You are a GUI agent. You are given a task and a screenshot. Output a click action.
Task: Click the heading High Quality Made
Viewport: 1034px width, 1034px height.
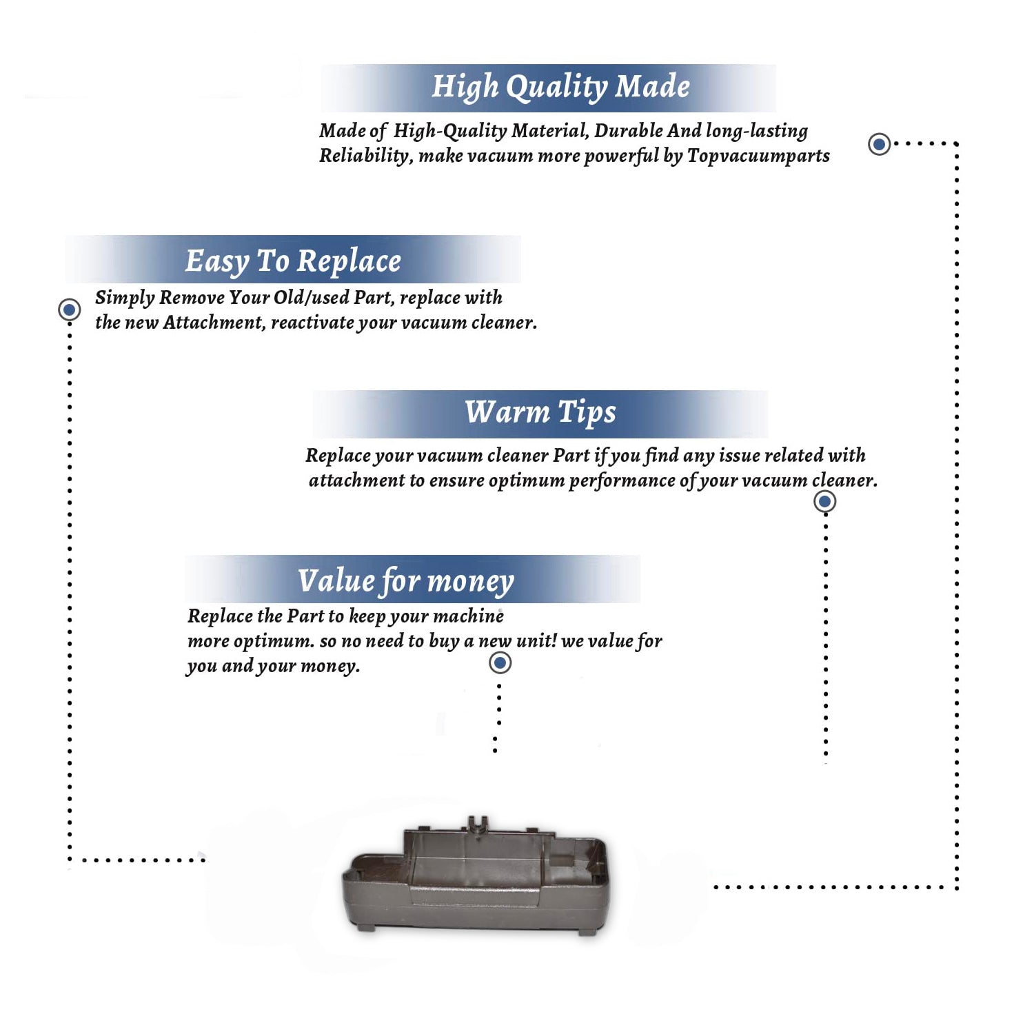560,88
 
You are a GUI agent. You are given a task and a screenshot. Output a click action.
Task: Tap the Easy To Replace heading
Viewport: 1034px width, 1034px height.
293,262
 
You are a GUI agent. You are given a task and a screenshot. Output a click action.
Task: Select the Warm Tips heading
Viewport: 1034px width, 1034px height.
540,413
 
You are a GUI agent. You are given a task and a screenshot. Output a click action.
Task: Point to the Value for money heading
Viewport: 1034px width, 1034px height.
406,581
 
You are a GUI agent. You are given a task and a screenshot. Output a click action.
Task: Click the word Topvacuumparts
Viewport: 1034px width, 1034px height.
758,156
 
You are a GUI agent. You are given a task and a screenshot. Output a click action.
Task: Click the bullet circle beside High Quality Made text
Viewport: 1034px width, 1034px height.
879,144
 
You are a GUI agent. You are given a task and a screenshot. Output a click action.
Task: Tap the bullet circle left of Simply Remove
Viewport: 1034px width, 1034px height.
69,310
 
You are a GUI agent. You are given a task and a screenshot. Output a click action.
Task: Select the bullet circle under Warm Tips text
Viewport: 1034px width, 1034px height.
824,501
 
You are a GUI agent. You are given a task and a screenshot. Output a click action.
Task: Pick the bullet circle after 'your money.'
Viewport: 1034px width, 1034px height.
500,663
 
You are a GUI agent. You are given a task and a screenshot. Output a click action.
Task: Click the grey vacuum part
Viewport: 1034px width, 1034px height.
476,875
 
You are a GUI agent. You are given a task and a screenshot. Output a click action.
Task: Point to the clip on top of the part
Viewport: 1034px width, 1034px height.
476,823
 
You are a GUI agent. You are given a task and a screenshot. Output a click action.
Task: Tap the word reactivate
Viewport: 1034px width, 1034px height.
312,323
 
